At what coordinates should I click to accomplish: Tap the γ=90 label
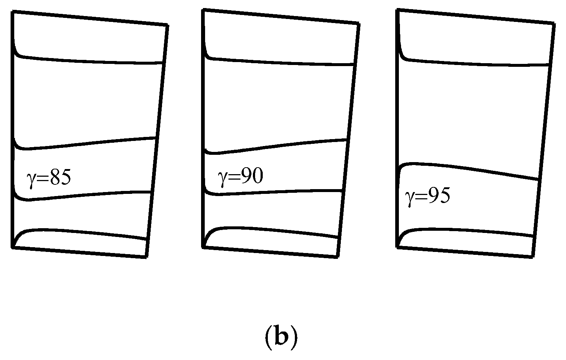coord(240,177)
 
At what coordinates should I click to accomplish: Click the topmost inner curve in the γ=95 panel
coord(474,61)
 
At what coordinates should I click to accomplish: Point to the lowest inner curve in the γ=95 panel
coord(467,231)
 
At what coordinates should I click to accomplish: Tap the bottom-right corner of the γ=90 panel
coord(336,257)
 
